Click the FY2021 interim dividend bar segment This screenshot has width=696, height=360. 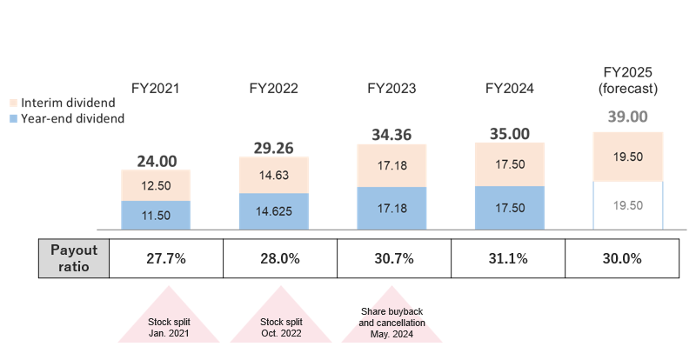(157, 185)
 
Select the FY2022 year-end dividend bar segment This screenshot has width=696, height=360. (274, 211)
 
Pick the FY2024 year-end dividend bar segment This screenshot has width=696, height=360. (510, 208)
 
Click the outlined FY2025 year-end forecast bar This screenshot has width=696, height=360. (628, 205)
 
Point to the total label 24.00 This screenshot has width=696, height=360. (157, 161)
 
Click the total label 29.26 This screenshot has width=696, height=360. (274, 149)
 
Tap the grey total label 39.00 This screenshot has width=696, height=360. (628, 117)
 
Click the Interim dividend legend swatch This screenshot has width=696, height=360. (12, 103)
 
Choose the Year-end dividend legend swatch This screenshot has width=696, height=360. (12, 118)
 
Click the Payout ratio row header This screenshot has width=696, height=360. (75, 258)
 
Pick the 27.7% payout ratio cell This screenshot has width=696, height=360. (166, 258)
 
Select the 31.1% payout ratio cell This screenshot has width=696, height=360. (508, 258)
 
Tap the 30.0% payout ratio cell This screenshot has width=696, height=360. (622, 258)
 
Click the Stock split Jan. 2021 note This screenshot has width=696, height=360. (169, 327)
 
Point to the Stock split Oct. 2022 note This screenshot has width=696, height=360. (280, 327)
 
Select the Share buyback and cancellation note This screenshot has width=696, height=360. (392, 322)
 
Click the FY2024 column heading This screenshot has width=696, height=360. (510, 89)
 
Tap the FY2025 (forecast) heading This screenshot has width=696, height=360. (628, 81)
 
